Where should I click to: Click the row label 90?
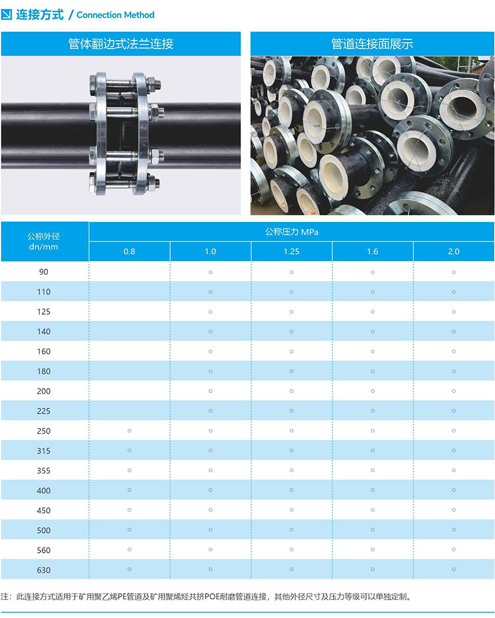click(44, 272)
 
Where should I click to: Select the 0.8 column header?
click(129, 251)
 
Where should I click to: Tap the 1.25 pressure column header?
click(291, 251)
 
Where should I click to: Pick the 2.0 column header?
click(453, 251)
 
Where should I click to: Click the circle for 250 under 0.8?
click(129, 431)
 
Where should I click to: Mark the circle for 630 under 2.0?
click(453, 570)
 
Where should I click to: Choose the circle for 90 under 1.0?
click(210, 272)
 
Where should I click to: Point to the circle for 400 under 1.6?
click(372, 490)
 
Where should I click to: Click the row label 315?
click(44, 451)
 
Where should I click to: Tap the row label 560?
click(44, 550)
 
